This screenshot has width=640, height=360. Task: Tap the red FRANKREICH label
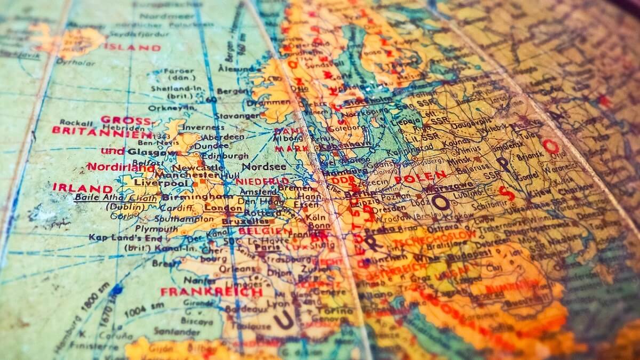pos(211,292)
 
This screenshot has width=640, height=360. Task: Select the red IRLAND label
pos(82,188)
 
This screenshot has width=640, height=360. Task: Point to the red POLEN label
pos(420,177)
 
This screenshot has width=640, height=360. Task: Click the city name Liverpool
pos(154,183)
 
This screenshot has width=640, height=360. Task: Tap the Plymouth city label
pos(156,228)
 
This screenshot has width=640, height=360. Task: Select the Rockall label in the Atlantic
pos(76,122)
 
